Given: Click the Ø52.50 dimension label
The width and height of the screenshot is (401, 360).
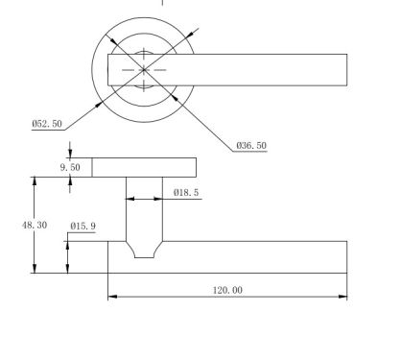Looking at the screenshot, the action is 47,124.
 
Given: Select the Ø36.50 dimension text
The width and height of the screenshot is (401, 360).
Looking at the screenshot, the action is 251,146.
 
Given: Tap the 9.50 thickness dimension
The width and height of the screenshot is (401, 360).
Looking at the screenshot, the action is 70,167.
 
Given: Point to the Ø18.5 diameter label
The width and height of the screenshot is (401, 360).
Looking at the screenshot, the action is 186,193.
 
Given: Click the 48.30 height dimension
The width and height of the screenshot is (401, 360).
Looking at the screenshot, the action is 35,226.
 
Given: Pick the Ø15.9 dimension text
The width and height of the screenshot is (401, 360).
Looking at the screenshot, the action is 83,227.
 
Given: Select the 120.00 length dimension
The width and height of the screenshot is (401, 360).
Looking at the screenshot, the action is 227,290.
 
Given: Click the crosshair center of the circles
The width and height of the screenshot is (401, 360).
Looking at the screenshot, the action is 144,69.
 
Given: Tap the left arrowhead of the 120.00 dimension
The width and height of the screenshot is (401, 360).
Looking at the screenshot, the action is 112,297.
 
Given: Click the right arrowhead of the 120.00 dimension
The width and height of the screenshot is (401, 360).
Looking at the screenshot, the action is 342,297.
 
